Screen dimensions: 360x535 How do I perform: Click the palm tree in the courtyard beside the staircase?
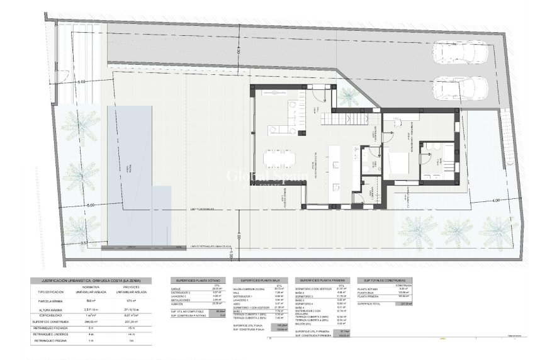tap(347, 95)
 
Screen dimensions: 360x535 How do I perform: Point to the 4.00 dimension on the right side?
tap(495, 200)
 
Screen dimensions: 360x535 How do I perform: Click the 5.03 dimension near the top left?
tap(81, 82)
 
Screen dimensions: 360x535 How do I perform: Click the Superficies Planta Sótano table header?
tap(196, 280)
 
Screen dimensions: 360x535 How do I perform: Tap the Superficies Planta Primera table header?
tap(321, 280)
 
